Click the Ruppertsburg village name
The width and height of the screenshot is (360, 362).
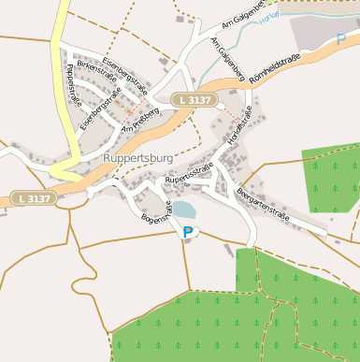(x=140, y=159)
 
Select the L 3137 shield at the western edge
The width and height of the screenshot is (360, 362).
(x=34, y=198)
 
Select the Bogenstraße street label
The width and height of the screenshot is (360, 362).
(x=155, y=214)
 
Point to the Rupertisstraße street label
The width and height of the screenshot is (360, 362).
(x=190, y=172)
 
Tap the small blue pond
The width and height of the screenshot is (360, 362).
(x=183, y=210)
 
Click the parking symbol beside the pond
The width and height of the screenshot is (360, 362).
(x=188, y=231)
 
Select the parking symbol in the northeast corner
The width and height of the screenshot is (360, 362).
(x=340, y=40)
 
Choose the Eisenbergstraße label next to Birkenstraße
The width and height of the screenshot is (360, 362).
(x=125, y=71)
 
